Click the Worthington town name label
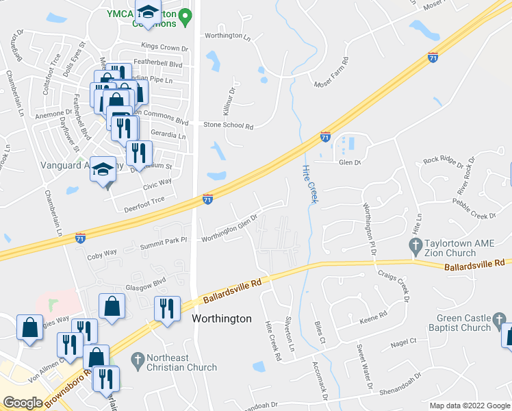pos(221,319)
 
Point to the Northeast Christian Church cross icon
pos(137,359)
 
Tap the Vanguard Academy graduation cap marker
pos(103,170)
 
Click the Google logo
pos(23,403)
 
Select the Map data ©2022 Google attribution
pos(469,406)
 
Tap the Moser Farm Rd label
pos(331,73)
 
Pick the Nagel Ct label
pos(403,342)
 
